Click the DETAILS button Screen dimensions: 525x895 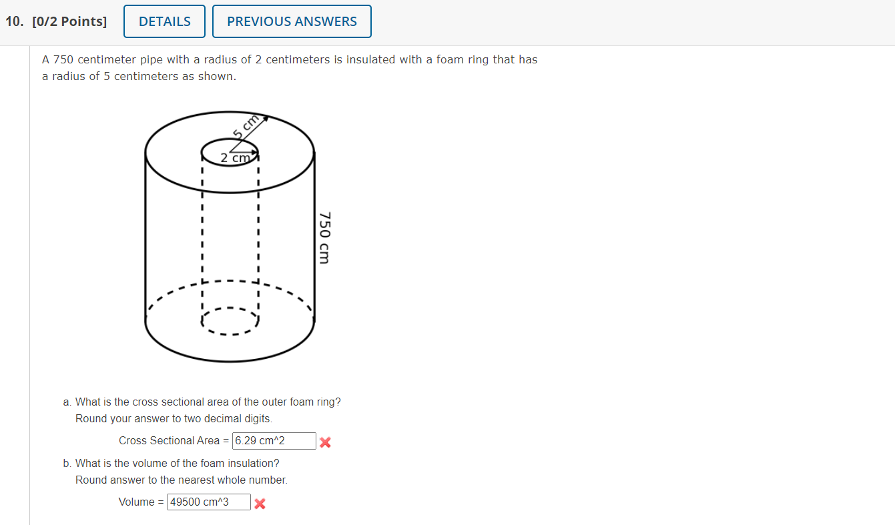[165, 21]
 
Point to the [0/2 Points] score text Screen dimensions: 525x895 [69, 21]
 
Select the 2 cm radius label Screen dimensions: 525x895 [234, 158]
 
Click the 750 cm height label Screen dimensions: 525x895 [324, 237]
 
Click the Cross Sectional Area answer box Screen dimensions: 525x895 [274, 441]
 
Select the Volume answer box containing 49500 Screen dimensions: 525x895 [208, 502]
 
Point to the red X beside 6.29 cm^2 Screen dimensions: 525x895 [325, 442]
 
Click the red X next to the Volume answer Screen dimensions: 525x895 [260, 504]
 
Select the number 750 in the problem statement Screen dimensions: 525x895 [65, 59]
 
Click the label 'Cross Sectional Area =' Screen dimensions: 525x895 [174, 441]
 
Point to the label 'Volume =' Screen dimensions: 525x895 [141, 502]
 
